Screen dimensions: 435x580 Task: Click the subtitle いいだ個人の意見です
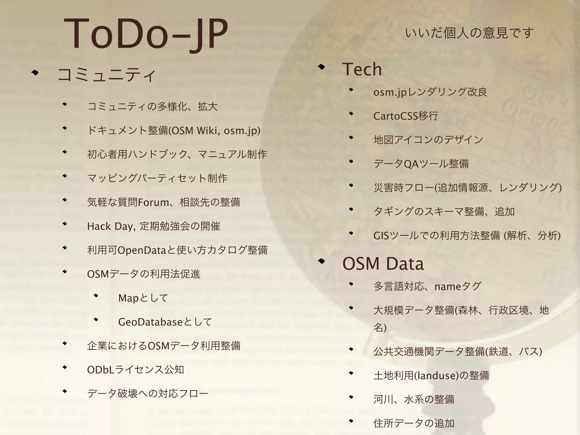(x=469, y=33)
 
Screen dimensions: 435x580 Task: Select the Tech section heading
(x=362, y=69)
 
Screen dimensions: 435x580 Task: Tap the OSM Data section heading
(x=383, y=264)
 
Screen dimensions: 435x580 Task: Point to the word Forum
(x=153, y=202)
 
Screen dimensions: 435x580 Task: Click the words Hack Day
(x=110, y=226)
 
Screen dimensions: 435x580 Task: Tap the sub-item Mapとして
(x=143, y=298)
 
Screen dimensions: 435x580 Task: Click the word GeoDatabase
(x=150, y=322)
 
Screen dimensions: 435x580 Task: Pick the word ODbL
(x=101, y=370)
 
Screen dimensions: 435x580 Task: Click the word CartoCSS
(x=396, y=116)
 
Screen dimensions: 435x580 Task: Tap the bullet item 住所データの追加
(x=414, y=423)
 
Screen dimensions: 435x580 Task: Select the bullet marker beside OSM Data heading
(x=321, y=261)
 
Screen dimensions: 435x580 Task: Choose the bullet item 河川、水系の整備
(x=414, y=400)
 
